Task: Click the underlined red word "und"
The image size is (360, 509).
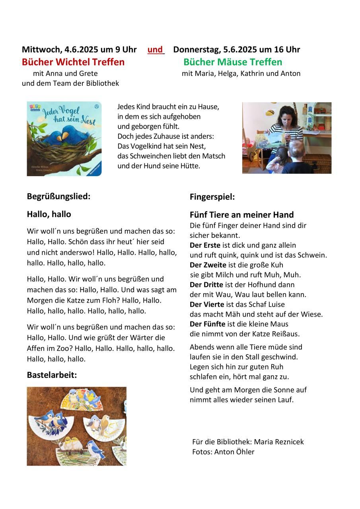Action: click(155, 50)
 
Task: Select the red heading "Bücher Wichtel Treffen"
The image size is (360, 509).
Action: click(73, 62)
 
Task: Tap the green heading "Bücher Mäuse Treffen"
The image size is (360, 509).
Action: click(233, 62)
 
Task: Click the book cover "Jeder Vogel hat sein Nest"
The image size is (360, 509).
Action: click(64, 138)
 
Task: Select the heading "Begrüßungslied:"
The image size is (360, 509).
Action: click(58, 196)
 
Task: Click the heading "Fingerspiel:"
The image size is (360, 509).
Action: click(212, 196)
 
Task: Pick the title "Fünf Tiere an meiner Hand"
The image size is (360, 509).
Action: click(241, 215)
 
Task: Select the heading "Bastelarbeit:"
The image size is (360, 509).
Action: click(52, 375)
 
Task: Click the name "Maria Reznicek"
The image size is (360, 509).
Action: click(278, 442)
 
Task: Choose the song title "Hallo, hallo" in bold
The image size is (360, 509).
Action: click(49, 214)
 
